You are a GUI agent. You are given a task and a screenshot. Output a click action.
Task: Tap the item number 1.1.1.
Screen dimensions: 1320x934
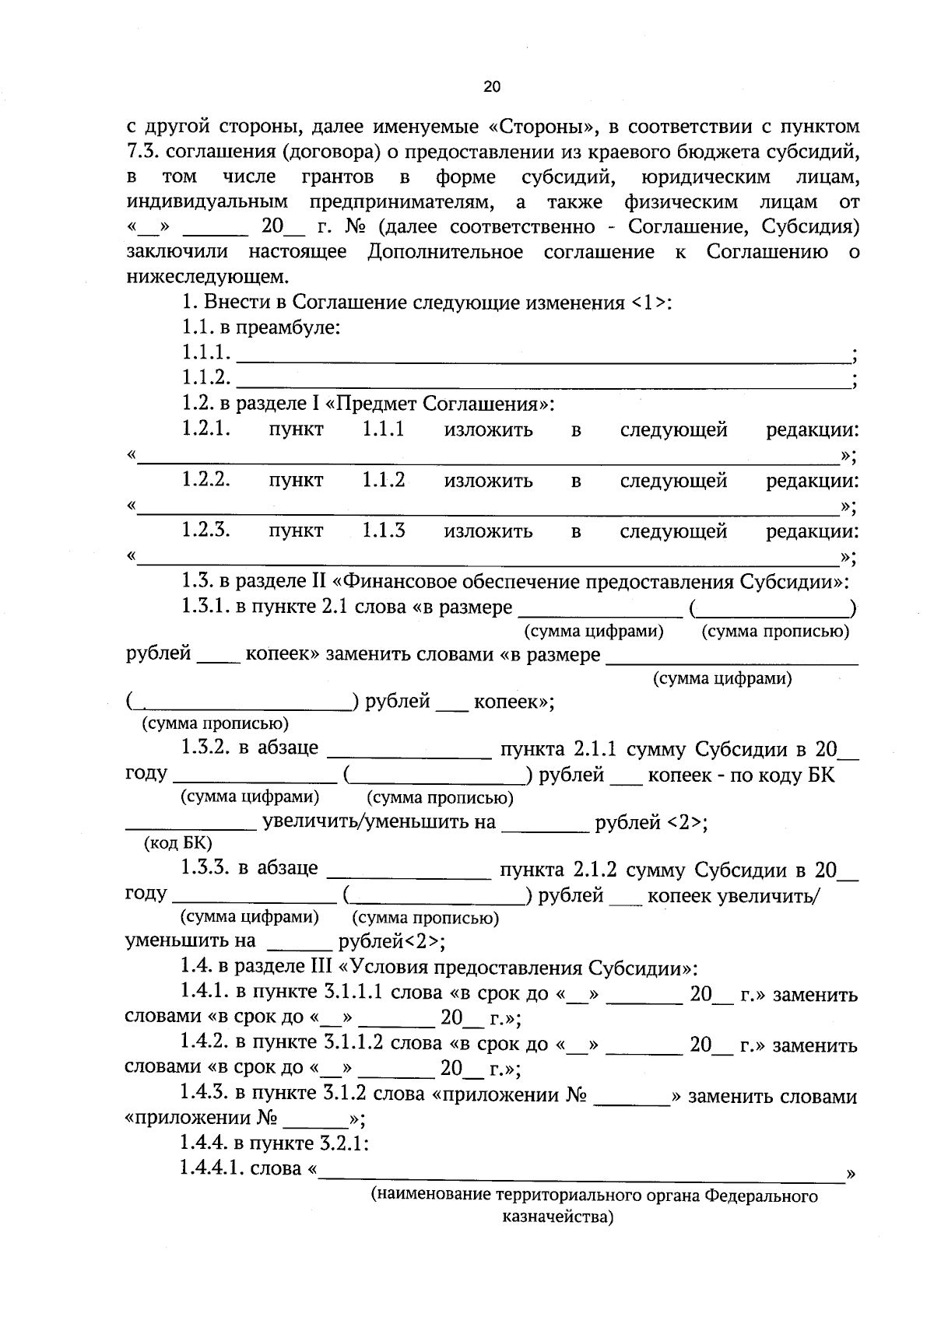pyautogui.click(x=206, y=353)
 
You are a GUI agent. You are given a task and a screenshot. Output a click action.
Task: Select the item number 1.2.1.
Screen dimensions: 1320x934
pyautogui.click(x=206, y=429)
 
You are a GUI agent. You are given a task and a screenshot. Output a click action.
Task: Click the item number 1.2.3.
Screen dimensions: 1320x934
pyautogui.click(x=206, y=531)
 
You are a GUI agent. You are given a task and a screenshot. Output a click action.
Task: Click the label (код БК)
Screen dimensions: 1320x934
pyautogui.click(x=178, y=843)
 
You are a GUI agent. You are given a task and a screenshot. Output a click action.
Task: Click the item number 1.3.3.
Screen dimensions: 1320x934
pyautogui.click(x=205, y=869)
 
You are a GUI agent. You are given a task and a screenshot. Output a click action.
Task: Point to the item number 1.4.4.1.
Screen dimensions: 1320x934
pyautogui.click(x=211, y=1168)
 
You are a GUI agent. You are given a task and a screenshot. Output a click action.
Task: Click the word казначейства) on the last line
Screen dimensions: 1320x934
pyautogui.click(x=558, y=1217)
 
